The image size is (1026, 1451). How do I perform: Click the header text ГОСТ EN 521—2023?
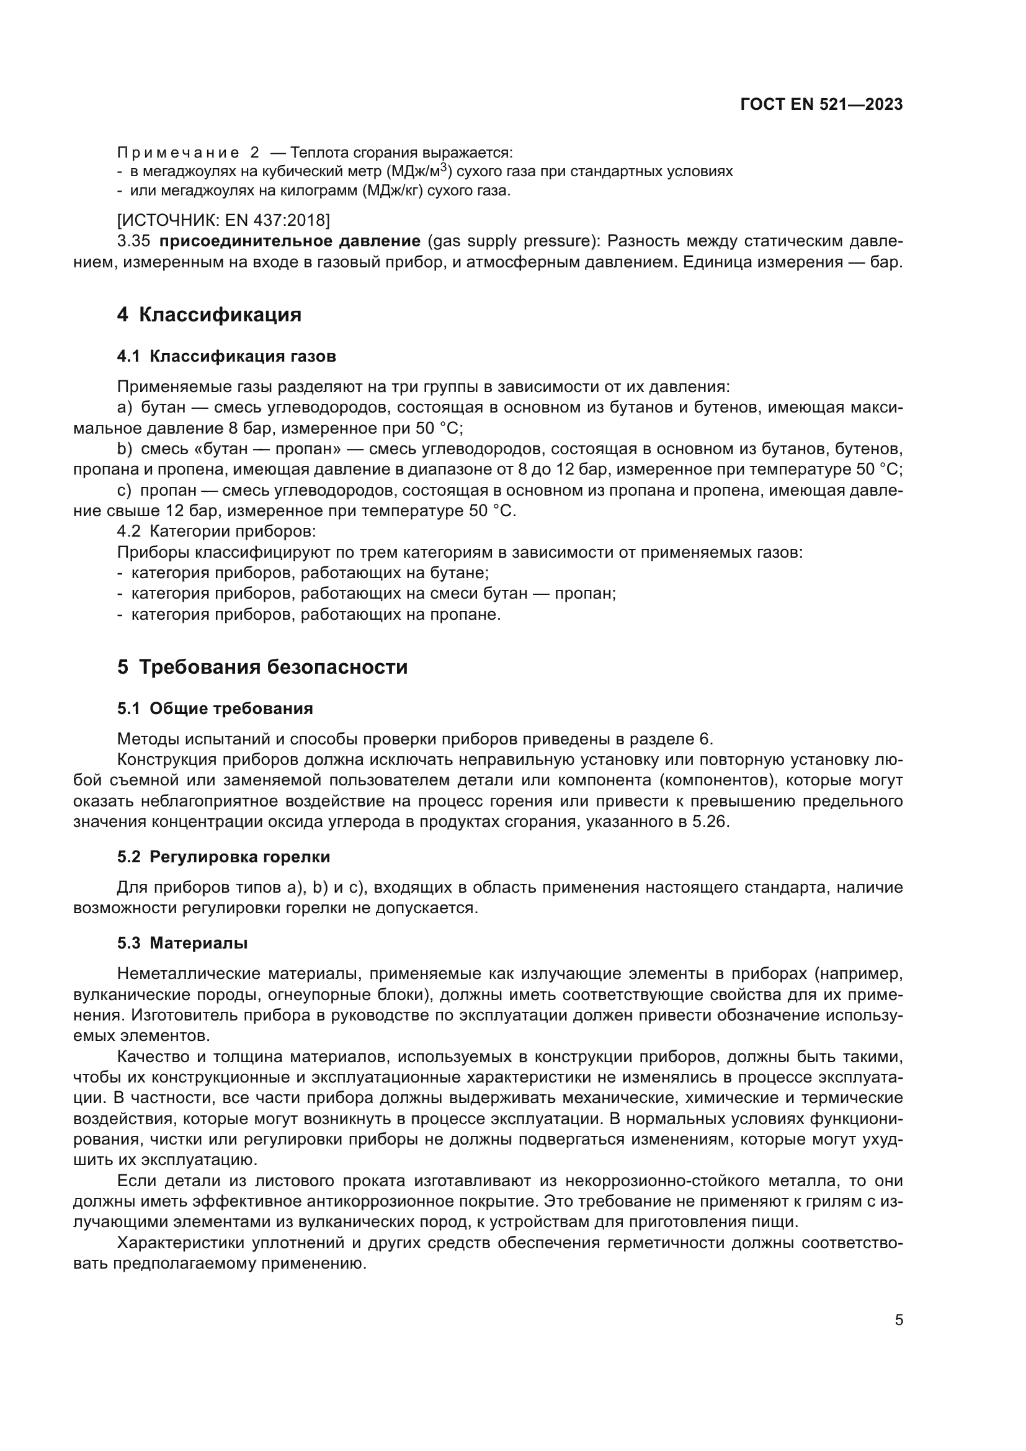pos(821,105)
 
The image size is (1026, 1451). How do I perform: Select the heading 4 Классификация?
pos(209,315)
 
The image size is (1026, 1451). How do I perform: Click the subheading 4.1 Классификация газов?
pos(226,357)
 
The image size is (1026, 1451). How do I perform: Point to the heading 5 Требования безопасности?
pos(262,667)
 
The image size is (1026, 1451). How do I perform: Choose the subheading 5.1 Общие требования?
pos(215,708)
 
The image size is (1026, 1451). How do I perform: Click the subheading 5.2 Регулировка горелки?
pos(223,857)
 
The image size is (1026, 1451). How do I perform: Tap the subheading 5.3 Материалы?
pos(182,943)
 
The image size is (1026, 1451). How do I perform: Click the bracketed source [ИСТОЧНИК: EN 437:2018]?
pos(224,220)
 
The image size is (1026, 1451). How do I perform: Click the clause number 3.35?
pos(133,241)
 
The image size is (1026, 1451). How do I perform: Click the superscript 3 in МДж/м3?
pos(444,167)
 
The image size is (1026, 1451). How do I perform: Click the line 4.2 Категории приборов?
pos(216,532)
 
